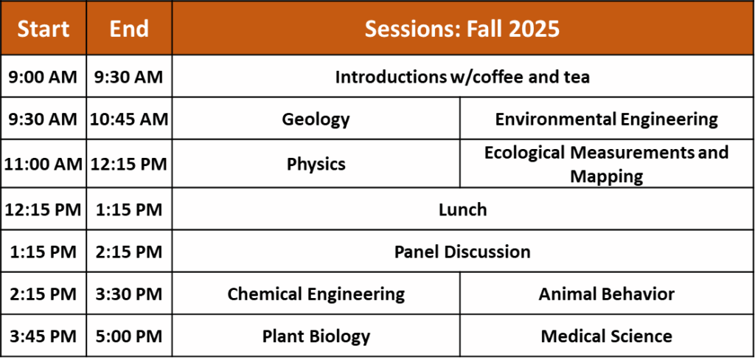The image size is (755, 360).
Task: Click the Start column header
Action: [x=44, y=29]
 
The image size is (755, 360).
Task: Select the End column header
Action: [x=129, y=29]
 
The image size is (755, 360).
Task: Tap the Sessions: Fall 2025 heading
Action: [x=462, y=29]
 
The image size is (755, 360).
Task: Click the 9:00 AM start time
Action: [x=43, y=77]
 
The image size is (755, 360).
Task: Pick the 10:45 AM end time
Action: [x=129, y=119]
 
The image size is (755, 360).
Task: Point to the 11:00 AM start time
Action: [x=44, y=164]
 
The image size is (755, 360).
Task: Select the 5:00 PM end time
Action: [x=129, y=336]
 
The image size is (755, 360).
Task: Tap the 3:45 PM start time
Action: [x=43, y=336]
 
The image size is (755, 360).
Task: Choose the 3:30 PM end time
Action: [x=129, y=294]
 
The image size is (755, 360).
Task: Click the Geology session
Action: [x=316, y=120]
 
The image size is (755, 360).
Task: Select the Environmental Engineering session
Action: [x=607, y=120]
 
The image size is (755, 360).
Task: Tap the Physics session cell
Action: [x=316, y=165]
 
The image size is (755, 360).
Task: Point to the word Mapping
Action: [x=607, y=176]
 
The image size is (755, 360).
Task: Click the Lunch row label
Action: [x=463, y=210]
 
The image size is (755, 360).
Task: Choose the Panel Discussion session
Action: [x=462, y=252]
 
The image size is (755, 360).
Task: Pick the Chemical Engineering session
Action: [x=316, y=294]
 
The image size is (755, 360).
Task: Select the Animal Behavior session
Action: [x=607, y=294]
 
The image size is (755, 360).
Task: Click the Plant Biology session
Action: [x=316, y=336]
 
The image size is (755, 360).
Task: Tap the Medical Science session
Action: [x=607, y=336]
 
